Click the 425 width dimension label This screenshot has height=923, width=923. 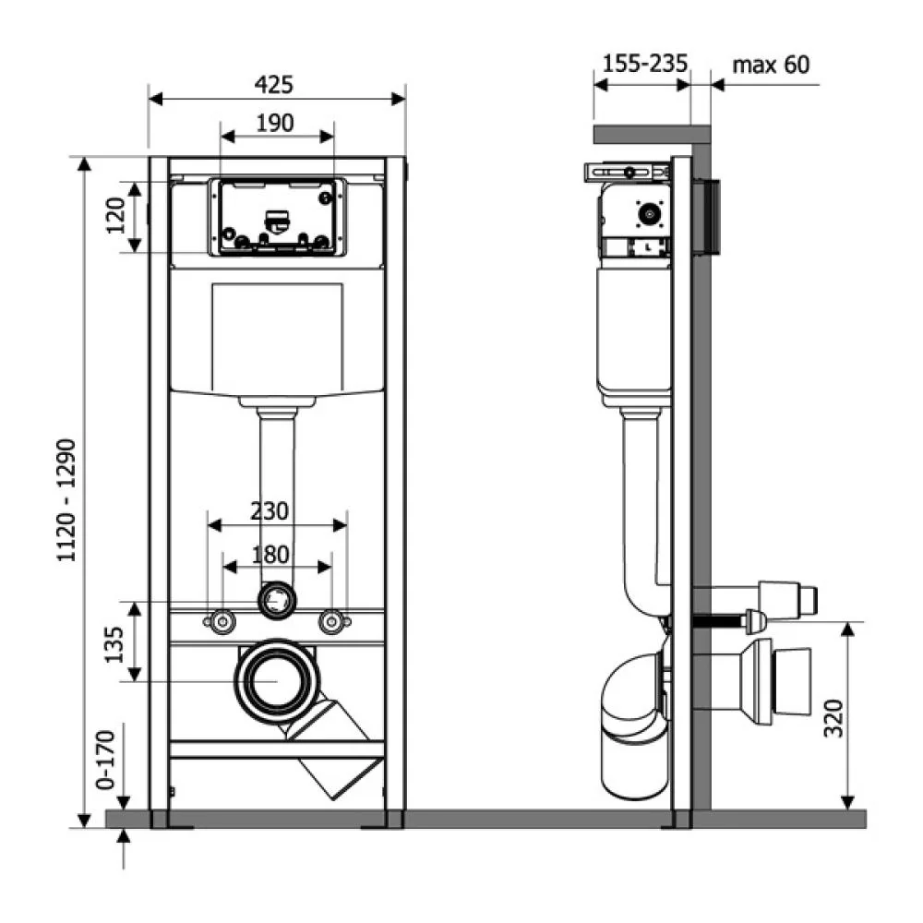tap(274, 85)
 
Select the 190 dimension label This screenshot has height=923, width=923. tap(275, 123)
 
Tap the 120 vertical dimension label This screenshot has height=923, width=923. tap(116, 215)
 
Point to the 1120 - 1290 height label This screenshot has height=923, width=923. tap(66, 500)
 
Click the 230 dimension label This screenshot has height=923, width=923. tap(270, 511)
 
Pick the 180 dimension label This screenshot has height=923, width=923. tap(270, 555)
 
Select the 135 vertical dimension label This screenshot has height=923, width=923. tap(114, 644)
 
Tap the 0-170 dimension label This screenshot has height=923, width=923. tap(105, 760)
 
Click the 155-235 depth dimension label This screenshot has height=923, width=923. tap(645, 64)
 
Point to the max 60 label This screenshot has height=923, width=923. tap(771, 65)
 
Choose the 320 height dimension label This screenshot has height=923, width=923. tap(833, 718)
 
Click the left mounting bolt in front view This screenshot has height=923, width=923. tap(222, 621)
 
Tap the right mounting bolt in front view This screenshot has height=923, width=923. tap(331, 621)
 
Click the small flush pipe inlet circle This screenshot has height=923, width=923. tap(277, 601)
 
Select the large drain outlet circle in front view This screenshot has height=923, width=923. tap(277, 681)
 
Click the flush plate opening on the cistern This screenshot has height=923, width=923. tap(277, 217)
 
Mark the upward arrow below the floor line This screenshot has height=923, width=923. tap(124, 848)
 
